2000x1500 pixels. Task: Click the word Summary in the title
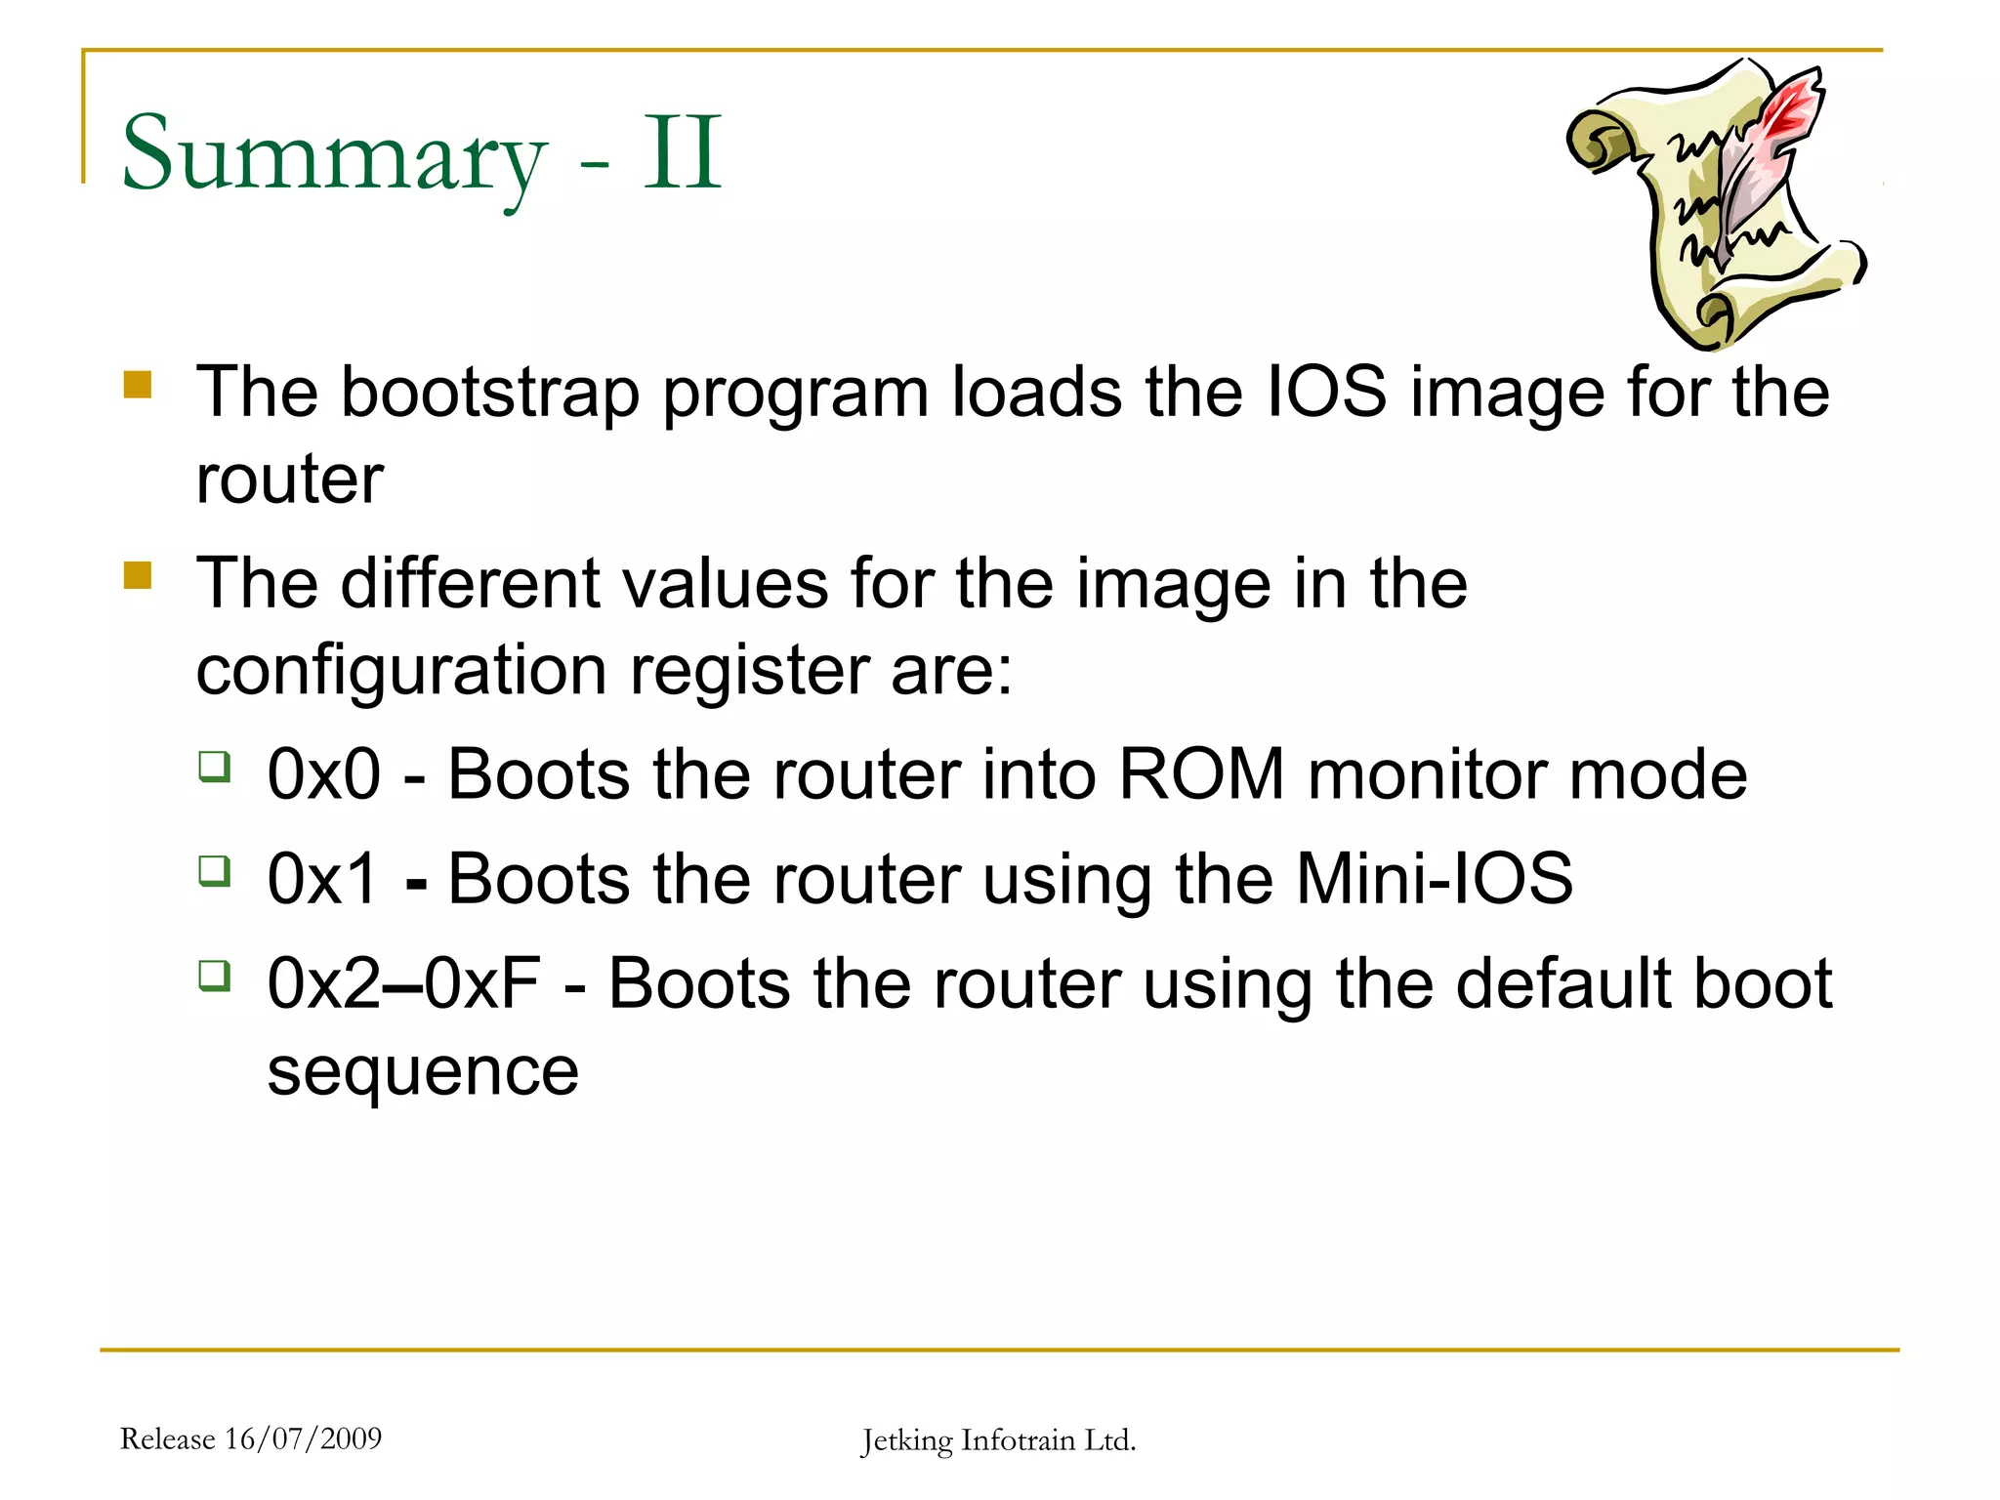[x=332, y=154]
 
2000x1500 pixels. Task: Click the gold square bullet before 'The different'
[x=138, y=575]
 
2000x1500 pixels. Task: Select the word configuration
[x=402, y=671]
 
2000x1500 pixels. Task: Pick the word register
[x=750, y=671]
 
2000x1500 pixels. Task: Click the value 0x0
[x=323, y=774]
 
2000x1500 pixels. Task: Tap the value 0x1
[x=322, y=878]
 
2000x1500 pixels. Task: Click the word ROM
[x=1201, y=774]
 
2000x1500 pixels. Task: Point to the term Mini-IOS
[x=1434, y=878]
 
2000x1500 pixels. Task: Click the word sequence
[x=423, y=1071]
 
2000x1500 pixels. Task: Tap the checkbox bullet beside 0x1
[x=215, y=869]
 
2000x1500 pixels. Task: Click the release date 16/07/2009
[x=303, y=1438]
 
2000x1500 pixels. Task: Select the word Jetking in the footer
[x=906, y=1440]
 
